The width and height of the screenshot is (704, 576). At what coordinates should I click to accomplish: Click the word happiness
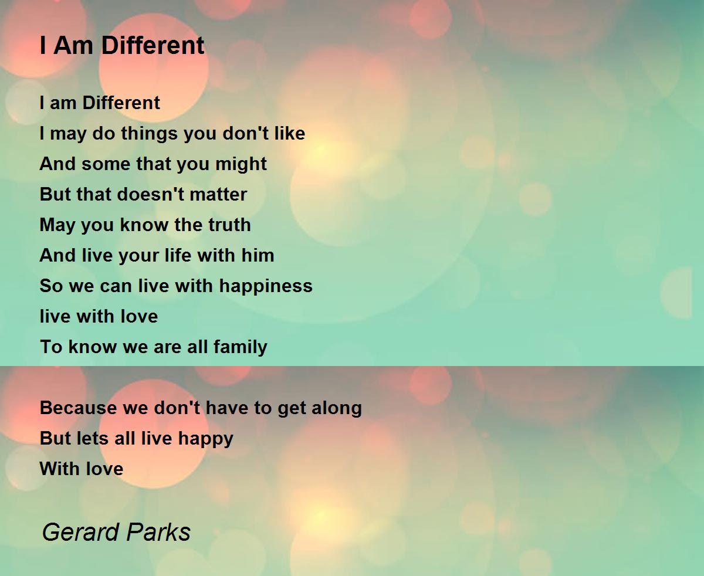click(266, 286)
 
